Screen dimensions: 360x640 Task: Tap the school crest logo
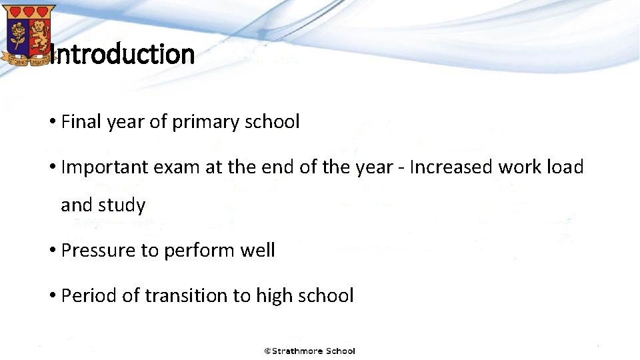click(x=29, y=33)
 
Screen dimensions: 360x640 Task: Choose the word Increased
click(x=451, y=167)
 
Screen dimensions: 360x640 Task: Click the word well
click(x=257, y=251)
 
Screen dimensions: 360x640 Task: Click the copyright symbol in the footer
click(x=267, y=351)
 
